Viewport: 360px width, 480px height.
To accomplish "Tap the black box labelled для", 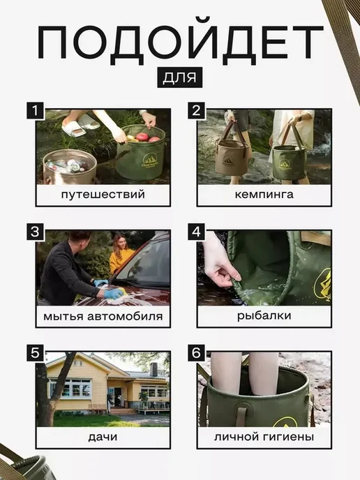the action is [x=180, y=77].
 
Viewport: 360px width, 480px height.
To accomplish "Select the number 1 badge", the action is [x=36, y=110].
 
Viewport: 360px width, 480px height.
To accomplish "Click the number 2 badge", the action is [x=197, y=110].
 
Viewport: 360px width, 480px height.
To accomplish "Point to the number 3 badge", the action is [x=36, y=232].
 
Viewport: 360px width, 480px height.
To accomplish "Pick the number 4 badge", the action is [x=197, y=232].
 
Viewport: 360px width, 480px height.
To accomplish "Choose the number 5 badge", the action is [x=36, y=353].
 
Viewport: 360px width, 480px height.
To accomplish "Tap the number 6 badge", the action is [x=197, y=353].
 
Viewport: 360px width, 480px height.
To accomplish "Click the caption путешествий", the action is [x=103, y=195].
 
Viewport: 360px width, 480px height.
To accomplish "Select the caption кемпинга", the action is [x=264, y=195].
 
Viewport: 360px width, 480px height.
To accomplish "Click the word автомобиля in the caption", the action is [x=125, y=316].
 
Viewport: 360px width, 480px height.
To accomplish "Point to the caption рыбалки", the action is [x=264, y=316].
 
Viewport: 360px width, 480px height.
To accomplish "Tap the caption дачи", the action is [x=103, y=437].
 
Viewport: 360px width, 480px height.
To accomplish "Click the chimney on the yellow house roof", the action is [x=153, y=370].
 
